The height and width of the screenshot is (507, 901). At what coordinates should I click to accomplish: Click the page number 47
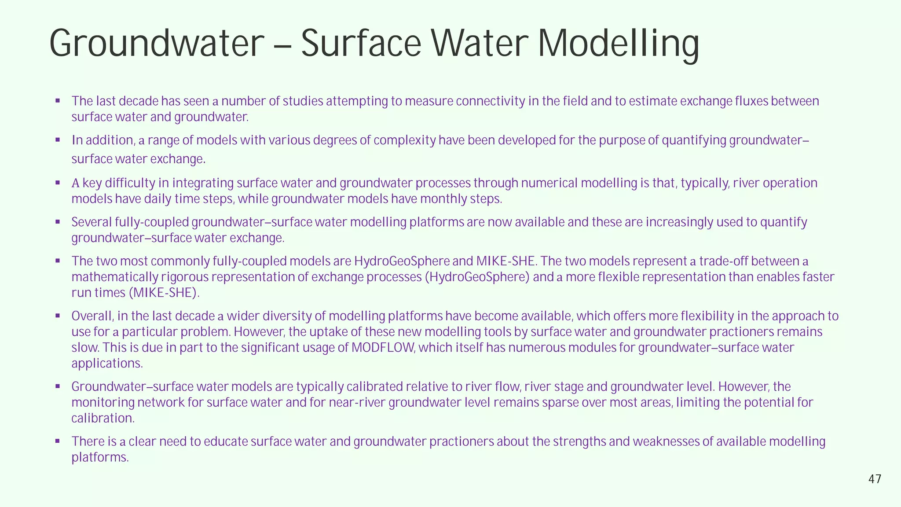[875, 479]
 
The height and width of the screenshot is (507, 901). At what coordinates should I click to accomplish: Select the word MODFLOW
[383, 348]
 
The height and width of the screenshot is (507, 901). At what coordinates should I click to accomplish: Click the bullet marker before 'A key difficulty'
[58, 183]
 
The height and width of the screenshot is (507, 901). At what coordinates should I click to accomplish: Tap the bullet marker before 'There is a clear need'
[58, 441]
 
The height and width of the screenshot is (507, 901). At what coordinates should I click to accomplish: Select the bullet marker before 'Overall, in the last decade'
[58, 316]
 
